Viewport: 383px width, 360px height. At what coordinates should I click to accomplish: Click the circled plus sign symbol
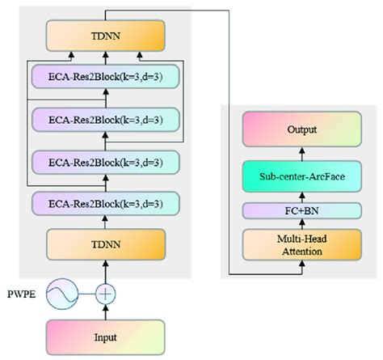coord(106,292)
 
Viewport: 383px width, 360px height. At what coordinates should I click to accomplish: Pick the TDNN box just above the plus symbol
coord(106,242)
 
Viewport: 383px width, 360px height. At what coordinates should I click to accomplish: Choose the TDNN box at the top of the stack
coord(106,35)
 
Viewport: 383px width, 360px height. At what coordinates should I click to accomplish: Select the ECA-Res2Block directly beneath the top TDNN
coord(106,78)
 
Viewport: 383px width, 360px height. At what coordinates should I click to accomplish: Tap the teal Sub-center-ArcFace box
coord(301,176)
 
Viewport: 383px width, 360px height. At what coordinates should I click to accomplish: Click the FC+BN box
coord(301,210)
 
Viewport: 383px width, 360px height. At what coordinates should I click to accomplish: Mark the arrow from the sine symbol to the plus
coord(87,292)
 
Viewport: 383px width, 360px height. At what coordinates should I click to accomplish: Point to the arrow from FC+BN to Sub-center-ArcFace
coord(301,196)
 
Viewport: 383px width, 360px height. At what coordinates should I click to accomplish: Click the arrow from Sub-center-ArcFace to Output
coord(301,152)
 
